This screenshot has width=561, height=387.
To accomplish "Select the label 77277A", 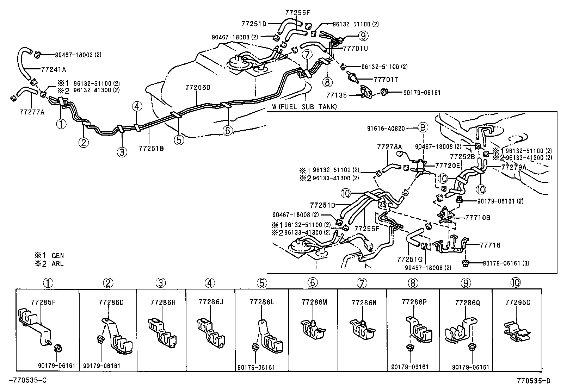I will (32, 112).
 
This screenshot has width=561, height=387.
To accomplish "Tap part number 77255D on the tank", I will (198, 88).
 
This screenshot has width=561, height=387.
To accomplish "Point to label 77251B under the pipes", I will (152, 148).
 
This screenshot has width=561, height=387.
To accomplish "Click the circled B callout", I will (423, 128).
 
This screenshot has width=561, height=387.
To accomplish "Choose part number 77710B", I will (477, 218).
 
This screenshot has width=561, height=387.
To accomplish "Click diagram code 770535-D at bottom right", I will (534, 381).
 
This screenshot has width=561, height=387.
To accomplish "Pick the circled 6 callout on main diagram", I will (228, 130).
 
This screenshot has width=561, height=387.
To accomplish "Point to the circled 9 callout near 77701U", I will (363, 35).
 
